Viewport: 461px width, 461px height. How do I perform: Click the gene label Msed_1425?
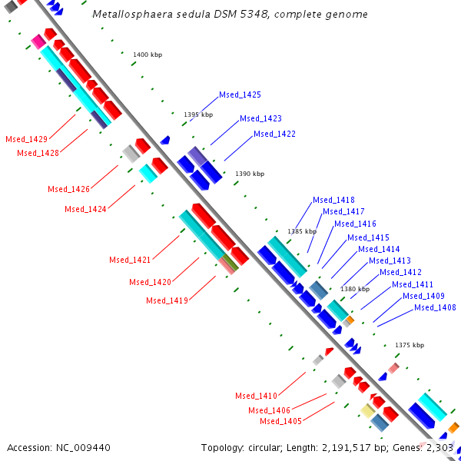coord(240,95)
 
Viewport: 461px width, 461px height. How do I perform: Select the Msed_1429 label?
coord(26,140)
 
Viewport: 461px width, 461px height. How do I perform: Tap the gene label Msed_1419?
coord(167,301)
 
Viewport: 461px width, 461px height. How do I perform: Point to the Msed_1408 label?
coord(435,308)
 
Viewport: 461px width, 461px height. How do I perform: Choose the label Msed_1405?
coord(280,421)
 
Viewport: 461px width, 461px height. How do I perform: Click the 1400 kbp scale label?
coord(148,55)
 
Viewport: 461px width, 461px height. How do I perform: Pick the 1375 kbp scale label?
coord(410,346)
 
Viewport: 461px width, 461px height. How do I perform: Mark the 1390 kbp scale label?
coord(250,174)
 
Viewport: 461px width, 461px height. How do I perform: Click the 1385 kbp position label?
coord(302,231)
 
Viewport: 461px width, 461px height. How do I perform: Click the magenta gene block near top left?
coord(38,41)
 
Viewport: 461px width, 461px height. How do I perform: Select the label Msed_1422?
coord(274,134)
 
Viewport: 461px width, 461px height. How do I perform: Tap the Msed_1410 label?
coord(256,396)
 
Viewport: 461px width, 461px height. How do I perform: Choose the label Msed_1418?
coord(333,201)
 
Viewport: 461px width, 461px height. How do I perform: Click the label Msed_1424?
coord(85,209)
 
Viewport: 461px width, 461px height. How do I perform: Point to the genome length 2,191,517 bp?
coord(358,447)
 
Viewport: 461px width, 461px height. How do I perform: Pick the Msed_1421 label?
coord(129,260)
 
